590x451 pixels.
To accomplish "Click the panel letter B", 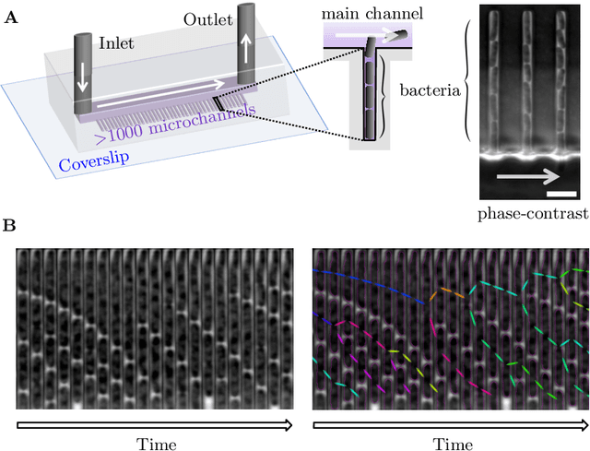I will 9,225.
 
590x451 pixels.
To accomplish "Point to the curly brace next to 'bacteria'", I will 473,90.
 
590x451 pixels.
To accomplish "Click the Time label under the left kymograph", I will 155,444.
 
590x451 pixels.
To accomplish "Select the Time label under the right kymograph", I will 452,444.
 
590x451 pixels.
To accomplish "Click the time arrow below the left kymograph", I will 155,424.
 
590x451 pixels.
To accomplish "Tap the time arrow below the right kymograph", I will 451,424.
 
